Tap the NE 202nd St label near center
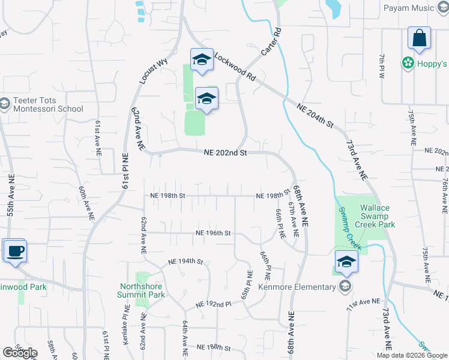(225, 153)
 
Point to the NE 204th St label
(315, 115)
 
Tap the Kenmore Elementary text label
(297, 287)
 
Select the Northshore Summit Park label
(142, 290)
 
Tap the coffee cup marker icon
(14, 250)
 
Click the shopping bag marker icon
(419, 38)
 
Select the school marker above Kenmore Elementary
(346, 262)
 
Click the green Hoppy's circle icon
(408, 63)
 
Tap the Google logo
(20, 353)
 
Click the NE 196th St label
(213, 233)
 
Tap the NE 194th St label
(186, 262)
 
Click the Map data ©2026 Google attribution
(412, 355)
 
